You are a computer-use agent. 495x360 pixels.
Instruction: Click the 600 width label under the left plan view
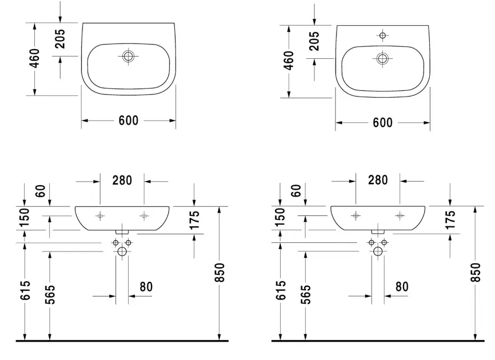click(x=129, y=121)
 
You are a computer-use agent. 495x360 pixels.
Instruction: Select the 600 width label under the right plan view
click(x=382, y=123)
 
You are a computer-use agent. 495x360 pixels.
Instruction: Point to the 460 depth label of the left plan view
click(x=35, y=58)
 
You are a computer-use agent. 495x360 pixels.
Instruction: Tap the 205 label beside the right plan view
click(x=314, y=41)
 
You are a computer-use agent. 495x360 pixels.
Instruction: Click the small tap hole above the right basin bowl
click(x=382, y=35)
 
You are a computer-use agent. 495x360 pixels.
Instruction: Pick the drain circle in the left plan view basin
click(x=128, y=57)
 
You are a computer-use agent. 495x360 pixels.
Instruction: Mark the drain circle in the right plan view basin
click(x=382, y=58)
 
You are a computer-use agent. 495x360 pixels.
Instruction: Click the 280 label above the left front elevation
click(x=122, y=181)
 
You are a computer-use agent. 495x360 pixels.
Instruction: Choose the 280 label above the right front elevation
click(x=378, y=180)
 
